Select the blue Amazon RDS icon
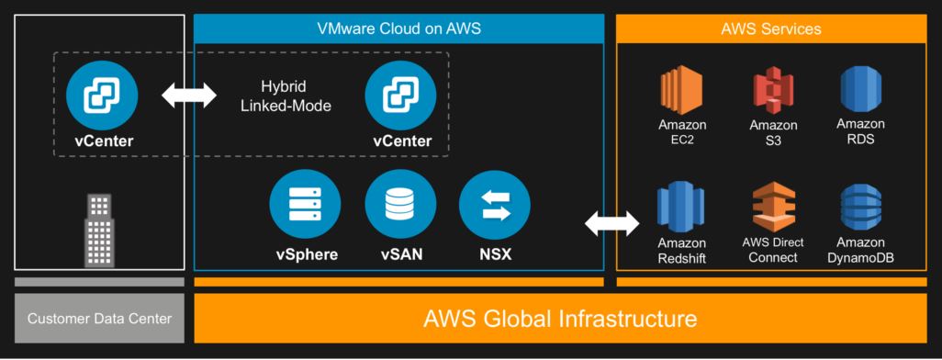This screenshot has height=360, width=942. click(860, 91)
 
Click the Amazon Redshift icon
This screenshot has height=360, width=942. click(681, 208)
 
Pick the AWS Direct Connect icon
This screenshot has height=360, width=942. click(773, 208)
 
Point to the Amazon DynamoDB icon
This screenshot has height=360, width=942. click(860, 208)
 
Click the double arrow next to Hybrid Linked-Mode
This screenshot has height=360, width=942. click(188, 94)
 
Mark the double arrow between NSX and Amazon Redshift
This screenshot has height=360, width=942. click(612, 221)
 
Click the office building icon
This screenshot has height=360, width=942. click(100, 230)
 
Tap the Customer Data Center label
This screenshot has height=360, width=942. click(99, 320)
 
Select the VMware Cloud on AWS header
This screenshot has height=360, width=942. click(399, 28)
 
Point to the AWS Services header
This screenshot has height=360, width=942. click(771, 28)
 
